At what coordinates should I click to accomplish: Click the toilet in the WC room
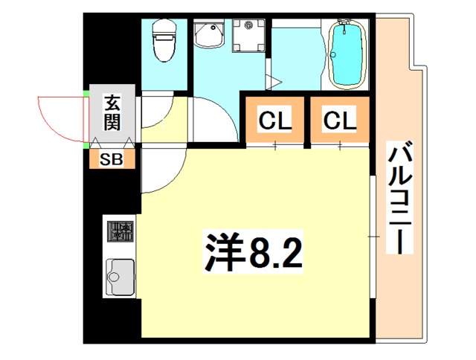point(164,40)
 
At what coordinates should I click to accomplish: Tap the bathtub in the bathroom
point(347,54)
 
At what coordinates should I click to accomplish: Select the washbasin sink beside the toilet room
point(209,33)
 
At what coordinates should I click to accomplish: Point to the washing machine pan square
point(248,36)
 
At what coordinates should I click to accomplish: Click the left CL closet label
point(274,120)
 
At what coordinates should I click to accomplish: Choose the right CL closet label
point(340,120)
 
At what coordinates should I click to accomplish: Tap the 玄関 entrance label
point(112,112)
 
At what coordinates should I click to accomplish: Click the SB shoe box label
point(112,159)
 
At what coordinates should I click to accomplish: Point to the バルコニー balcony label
point(400,198)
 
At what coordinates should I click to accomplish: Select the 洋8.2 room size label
point(253,251)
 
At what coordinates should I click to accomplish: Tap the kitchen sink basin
point(120,277)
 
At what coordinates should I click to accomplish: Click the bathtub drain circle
point(333,55)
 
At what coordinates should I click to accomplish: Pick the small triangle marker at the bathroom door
point(274,82)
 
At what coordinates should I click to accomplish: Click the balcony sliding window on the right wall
point(373,237)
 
